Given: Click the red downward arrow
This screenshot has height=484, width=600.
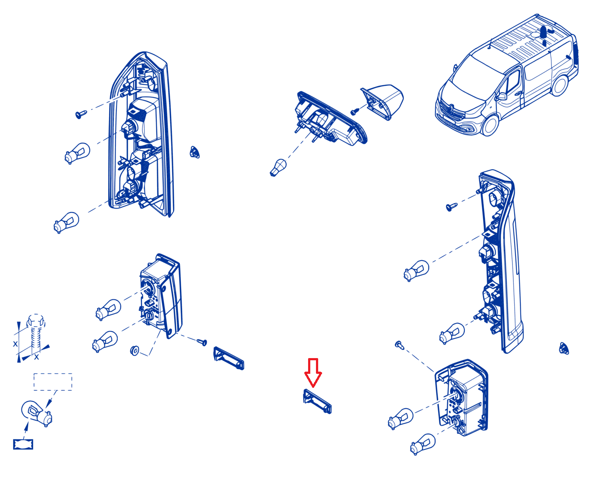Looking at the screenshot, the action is pyautogui.click(x=312, y=372).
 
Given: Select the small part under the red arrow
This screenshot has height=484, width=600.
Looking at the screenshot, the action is pyautogui.click(x=317, y=401).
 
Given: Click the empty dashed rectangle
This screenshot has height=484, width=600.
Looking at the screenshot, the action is pyautogui.click(x=53, y=382).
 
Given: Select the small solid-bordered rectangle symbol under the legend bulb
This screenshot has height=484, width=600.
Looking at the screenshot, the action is pyautogui.click(x=23, y=444).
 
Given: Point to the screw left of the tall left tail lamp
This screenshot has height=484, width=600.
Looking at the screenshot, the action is pyautogui.click(x=81, y=114).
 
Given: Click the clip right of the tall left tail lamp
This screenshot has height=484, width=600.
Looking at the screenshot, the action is pyautogui.click(x=195, y=152).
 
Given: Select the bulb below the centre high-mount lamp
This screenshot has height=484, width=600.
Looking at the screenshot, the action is pyautogui.click(x=278, y=167).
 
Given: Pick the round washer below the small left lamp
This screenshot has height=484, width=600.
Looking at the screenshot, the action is pyautogui.click(x=135, y=351).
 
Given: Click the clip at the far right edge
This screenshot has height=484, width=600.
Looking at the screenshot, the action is pyautogui.click(x=564, y=348).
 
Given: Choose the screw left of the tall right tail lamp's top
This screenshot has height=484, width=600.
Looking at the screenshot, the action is pyautogui.click(x=452, y=207).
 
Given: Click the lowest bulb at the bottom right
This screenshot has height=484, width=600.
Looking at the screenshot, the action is pyautogui.click(x=422, y=444).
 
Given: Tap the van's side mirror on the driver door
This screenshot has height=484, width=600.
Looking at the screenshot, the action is pyautogui.click(x=501, y=96).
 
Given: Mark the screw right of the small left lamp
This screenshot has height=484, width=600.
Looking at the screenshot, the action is pyautogui.click(x=202, y=341).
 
